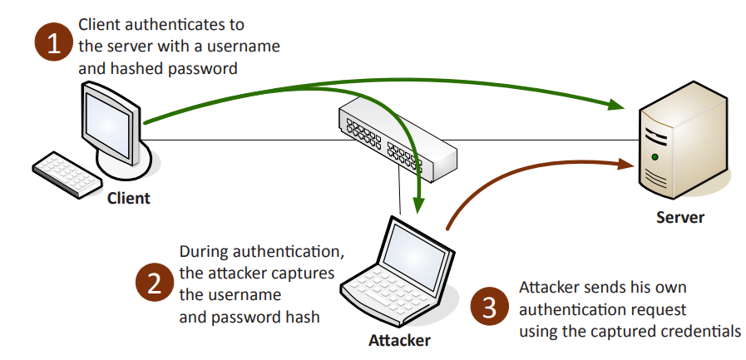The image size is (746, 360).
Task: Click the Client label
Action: tap(129, 198)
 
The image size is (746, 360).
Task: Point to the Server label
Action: tap(679, 218)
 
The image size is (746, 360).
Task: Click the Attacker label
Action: tap(400, 341)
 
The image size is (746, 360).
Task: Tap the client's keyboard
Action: tap(66, 172)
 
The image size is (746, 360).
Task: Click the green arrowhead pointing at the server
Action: tap(616, 104)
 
